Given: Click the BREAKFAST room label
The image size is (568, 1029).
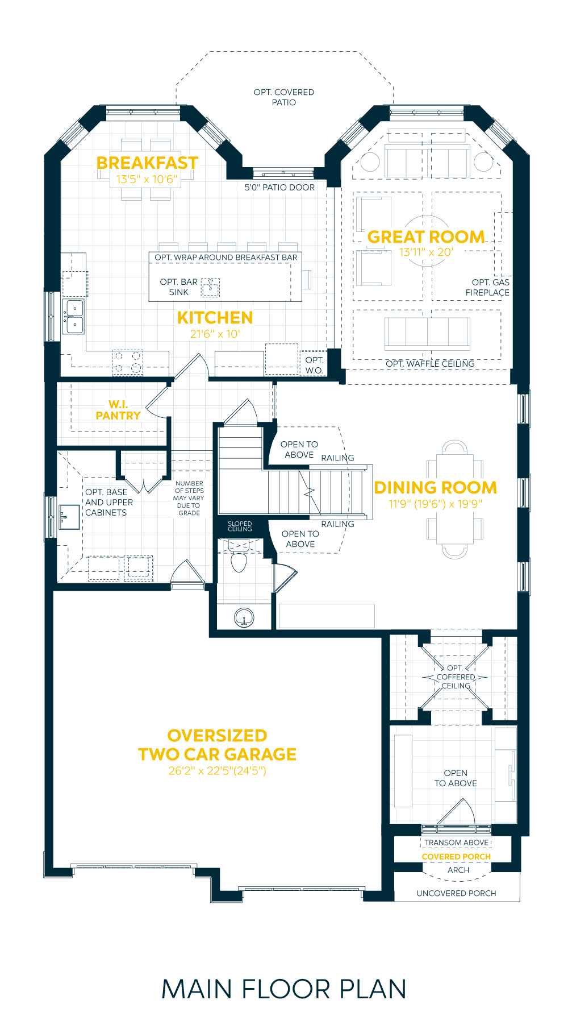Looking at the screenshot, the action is click(x=147, y=163).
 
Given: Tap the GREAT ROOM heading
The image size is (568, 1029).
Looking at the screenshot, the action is click(x=426, y=237).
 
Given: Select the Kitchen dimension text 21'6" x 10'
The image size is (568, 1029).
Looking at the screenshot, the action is click(x=215, y=334).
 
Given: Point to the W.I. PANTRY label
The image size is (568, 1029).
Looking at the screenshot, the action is click(x=118, y=410).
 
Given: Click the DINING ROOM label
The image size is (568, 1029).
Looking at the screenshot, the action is click(x=435, y=488).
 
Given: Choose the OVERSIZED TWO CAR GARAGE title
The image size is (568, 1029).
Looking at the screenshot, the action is click(x=218, y=745).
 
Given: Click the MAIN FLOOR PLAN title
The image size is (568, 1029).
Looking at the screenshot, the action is click(x=284, y=989).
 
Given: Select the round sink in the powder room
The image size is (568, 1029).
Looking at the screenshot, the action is click(x=244, y=617).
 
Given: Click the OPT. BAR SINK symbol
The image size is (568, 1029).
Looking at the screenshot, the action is click(x=211, y=288).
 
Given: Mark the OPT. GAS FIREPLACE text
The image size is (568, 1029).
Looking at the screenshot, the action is click(x=488, y=288).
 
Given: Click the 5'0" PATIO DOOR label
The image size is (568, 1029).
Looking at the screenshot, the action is click(x=279, y=188).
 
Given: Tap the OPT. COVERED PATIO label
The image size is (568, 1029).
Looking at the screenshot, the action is click(x=284, y=97).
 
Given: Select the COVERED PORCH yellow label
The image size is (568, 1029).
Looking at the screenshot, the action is click(x=456, y=857).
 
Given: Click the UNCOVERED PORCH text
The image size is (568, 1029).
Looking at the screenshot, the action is click(x=456, y=893).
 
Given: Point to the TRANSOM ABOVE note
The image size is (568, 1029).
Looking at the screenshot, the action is click(x=457, y=843).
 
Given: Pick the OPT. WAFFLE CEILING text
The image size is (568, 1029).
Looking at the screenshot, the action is click(x=430, y=364).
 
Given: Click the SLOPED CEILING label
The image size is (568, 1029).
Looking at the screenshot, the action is click(x=240, y=526).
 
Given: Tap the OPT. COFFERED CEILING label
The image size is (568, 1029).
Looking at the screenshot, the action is click(x=456, y=677).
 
